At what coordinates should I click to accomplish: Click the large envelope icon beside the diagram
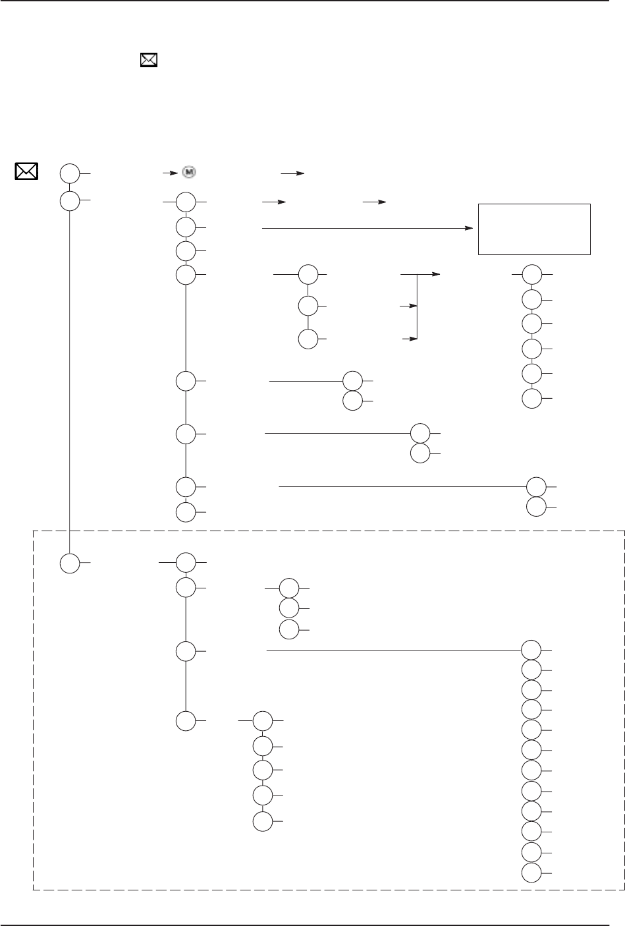(x=26, y=171)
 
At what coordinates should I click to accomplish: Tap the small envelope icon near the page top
(x=149, y=61)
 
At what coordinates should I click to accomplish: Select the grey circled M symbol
(x=189, y=172)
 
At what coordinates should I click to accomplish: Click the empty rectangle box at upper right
(x=533, y=229)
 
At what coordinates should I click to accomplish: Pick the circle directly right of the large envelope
(x=69, y=174)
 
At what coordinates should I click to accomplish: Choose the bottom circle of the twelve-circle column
(x=531, y=874)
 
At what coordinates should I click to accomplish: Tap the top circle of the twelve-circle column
(x=531, y=650)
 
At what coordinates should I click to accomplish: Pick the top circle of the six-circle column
(x=533, y=274)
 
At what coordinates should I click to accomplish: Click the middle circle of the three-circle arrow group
(x=308, y=306)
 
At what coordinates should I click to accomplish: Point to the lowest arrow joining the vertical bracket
(x=410, y=339)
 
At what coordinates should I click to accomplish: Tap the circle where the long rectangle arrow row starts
(x=186, y=228)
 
